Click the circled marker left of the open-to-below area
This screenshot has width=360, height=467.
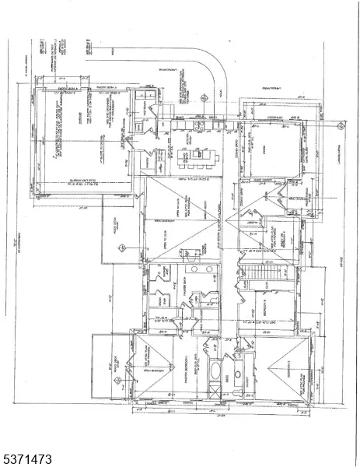point(121,248)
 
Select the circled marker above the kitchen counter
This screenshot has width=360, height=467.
point(203,99)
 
